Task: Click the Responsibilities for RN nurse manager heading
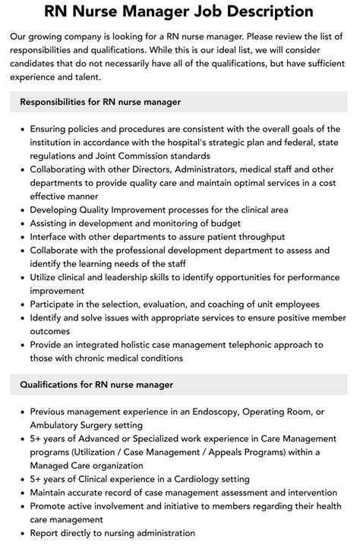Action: tap(100, 101)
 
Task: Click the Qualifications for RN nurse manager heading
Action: tap(96, 385)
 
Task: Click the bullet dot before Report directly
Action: tap(23, 533)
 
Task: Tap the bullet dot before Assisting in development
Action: tap(23, 223)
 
